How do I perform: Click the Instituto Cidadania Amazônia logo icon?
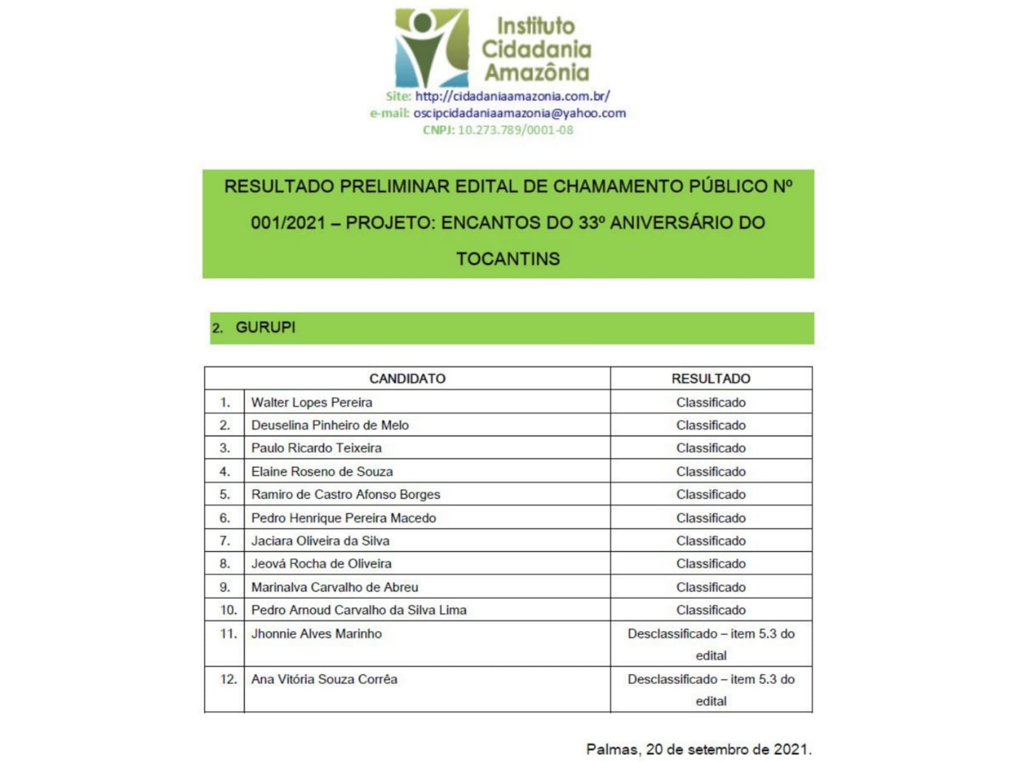(431, 48)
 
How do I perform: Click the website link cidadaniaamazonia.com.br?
(512, 97)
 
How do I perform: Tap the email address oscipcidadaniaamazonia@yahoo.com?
(519, 113)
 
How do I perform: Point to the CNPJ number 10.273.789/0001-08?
(515, 130)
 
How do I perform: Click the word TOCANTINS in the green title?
(508, 259)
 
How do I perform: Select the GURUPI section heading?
(265, 328)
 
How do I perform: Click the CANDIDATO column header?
(407, 378)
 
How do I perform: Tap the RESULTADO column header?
(711, 378)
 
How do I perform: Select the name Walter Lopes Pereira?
(311, 403)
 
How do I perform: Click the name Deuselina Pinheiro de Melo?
(330, 425)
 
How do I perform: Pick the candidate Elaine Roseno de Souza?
(322, 472)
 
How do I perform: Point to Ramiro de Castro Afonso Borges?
(345, 495)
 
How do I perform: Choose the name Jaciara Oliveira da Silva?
(320, 541)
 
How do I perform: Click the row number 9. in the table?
(225, 587)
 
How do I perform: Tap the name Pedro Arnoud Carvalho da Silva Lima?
(359, 610)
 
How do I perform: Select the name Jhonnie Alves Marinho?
(316, 634)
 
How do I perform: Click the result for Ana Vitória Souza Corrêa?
(711, 690)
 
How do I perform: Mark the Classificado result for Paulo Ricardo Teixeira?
(711, 448)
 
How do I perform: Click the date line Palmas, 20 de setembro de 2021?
(698, 749)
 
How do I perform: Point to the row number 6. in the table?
(225, 518)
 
